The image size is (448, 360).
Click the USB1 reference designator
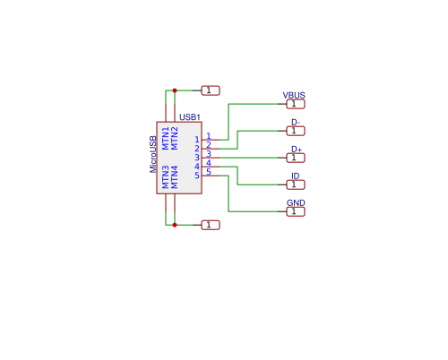190,117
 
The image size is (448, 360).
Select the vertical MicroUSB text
153,154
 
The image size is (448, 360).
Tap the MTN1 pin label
166,137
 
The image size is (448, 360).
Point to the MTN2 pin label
176,137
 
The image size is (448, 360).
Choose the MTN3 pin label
166,176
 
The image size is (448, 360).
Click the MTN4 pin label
176,176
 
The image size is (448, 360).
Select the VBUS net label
294,95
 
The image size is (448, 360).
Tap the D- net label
295,122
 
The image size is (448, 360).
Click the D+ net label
296,149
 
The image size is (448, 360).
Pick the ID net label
295,176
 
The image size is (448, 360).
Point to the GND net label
295,203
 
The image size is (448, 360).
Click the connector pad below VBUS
295,104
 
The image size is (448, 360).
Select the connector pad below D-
295,131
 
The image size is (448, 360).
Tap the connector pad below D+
295,158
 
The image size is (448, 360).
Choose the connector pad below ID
295,184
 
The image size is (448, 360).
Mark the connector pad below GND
295,211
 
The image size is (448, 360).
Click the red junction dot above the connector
175,90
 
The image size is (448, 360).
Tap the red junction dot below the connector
175,225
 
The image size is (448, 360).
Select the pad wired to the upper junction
210,90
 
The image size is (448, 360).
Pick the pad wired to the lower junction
210,225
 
